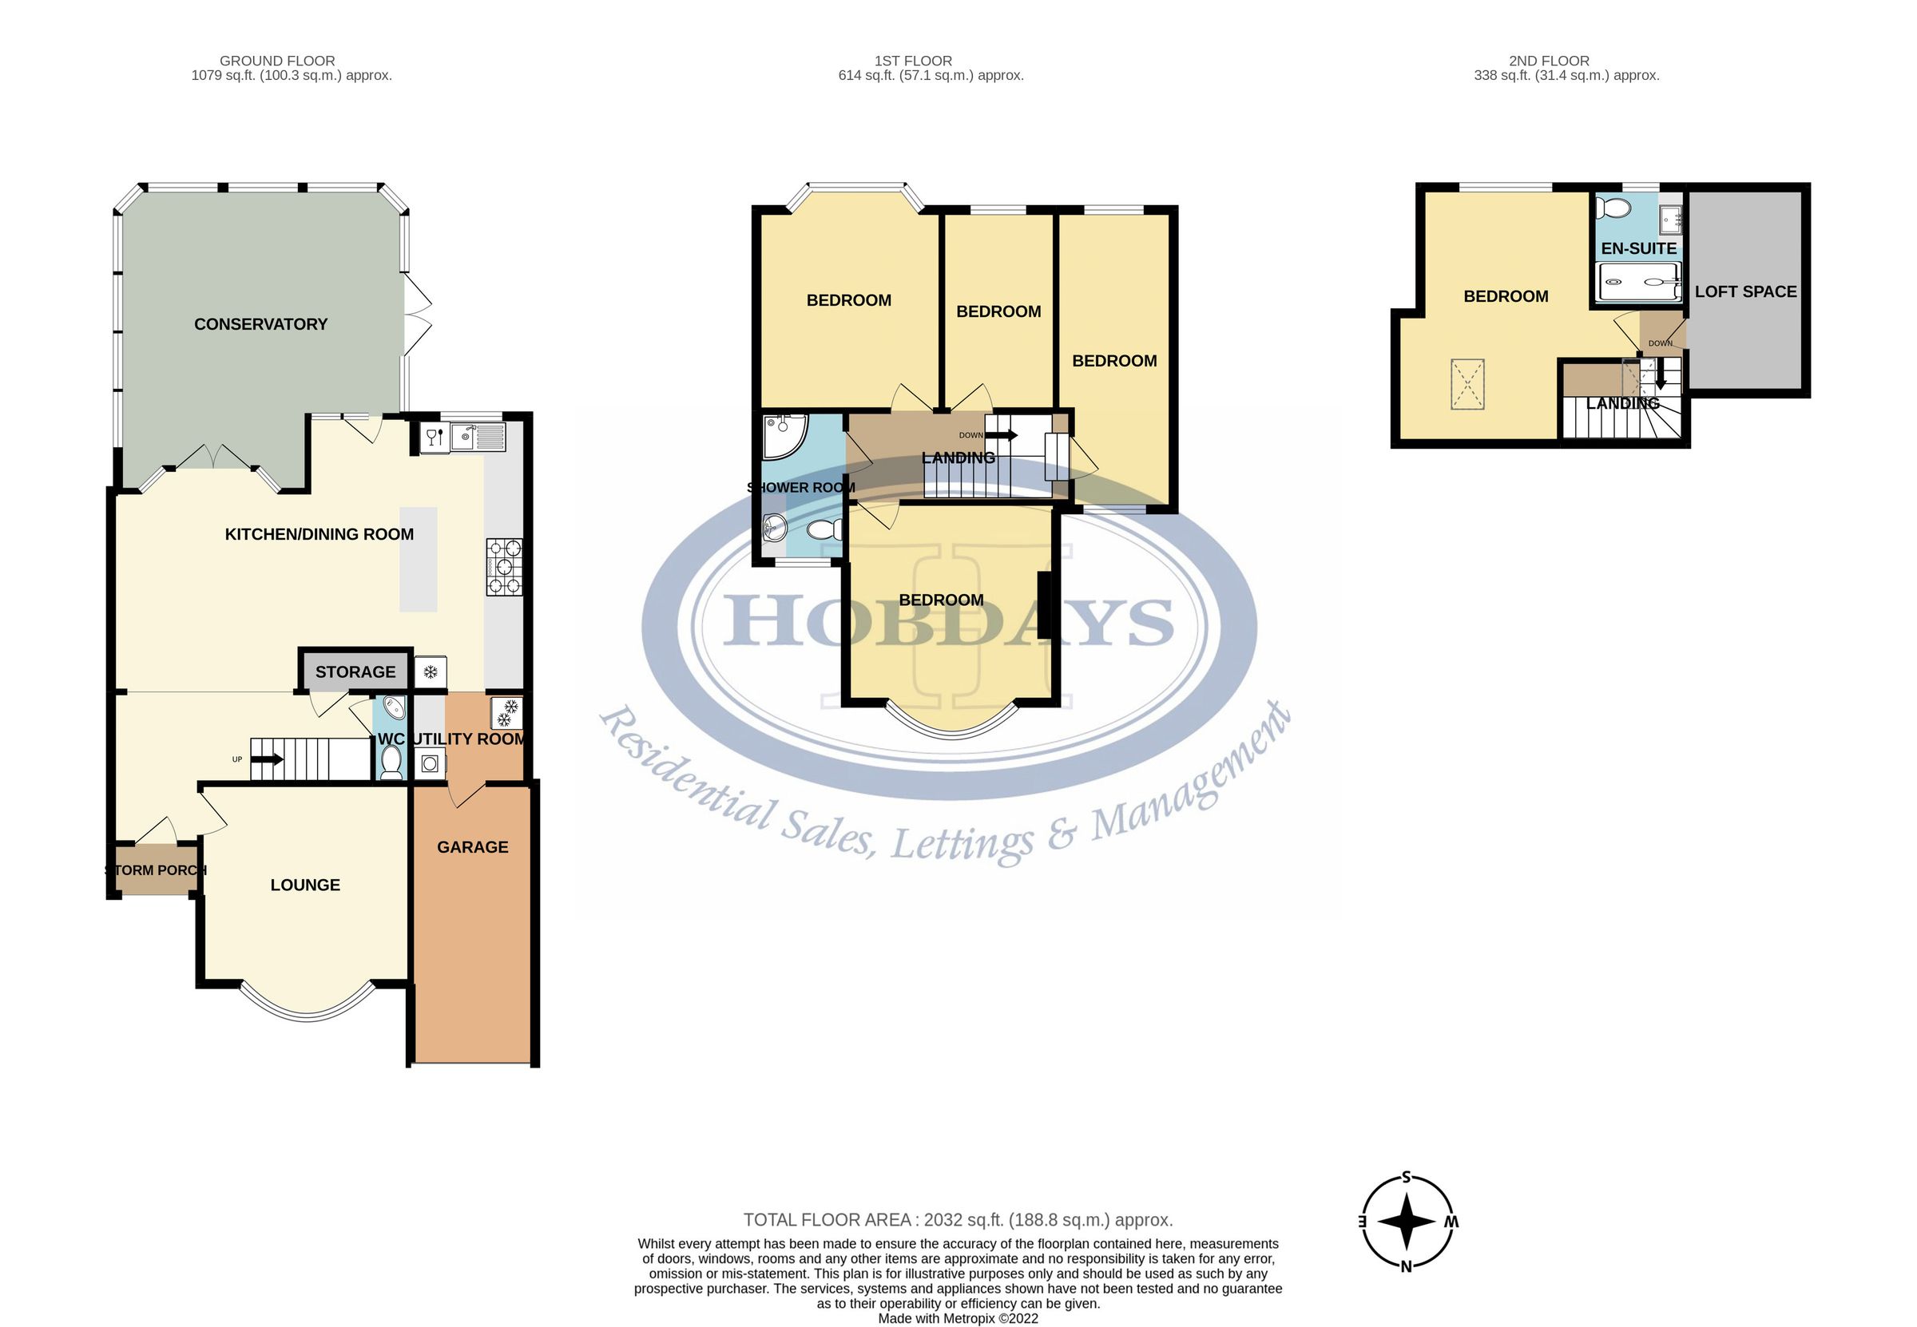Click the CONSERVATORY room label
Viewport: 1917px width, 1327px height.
pyautogui.click(x=260, y=324)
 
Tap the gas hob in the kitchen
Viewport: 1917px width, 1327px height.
pyautogui.click(x=504, y=567)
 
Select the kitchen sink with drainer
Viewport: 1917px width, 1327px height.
pyautogui.click(x=478, y=437)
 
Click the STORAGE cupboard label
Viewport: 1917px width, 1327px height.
pyautogui.click(x=355, y=671)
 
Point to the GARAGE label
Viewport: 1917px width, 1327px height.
pyautogui.click(x=472, y=847)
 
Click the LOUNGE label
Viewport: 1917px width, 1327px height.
pyautogui.click(x=305, y=885)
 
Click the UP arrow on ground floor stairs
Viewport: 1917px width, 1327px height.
pyautogui.click(x=267, y=759)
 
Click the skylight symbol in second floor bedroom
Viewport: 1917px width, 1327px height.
pyautogui.click(x=1467, y=384)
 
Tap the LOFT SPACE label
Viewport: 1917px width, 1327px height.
pyautogui.click(x=1746, y=292)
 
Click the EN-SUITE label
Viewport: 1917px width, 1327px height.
pyautogui.click(x=1638, y=248)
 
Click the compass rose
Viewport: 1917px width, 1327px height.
pyautogui.click(x=1407, y=1222)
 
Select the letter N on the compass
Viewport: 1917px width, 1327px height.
pyautogui.click(x=1407, y=1267)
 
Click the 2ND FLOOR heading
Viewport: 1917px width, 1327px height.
pyautogui.click(x=1549, y=61)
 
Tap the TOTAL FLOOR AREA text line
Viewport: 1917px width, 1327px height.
pyautogui.click(x=957, y=1220)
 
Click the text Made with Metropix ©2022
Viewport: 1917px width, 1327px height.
pyautogui.click(x=957, y=1318)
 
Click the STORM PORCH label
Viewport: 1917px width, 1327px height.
pyautogui.click(x=156, y=870)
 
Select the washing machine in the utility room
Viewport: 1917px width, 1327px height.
pyautogui.click(x=430, y=763)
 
